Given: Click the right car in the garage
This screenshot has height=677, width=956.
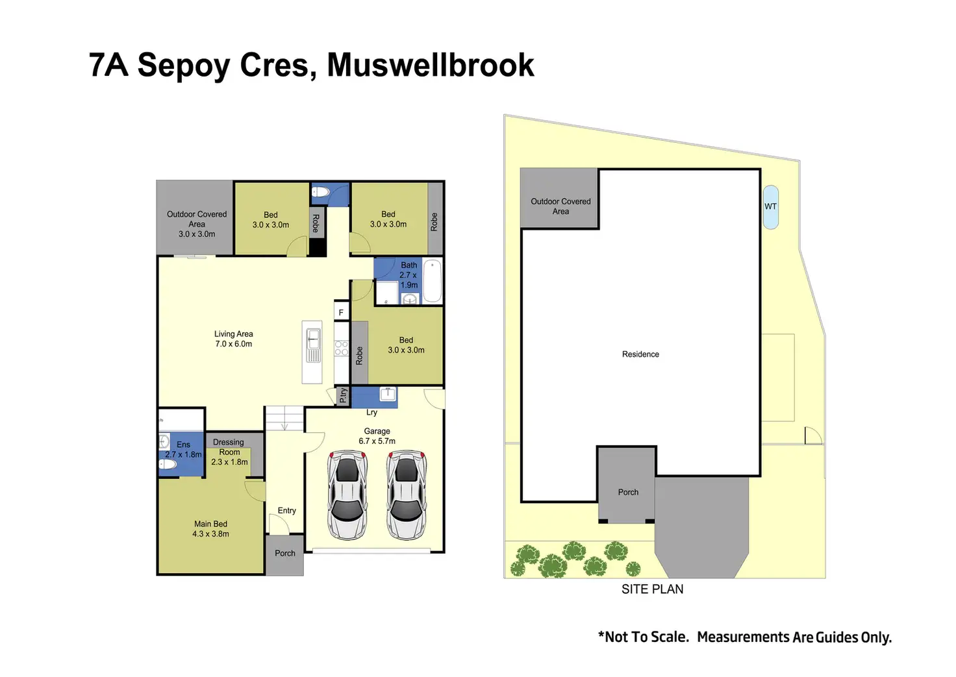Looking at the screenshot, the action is point(407,495).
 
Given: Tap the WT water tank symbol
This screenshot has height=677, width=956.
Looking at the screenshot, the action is point(770,207).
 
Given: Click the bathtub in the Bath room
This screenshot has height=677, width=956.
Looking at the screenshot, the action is point(433,280).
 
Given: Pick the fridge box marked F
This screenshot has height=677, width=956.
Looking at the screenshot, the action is point(341,312).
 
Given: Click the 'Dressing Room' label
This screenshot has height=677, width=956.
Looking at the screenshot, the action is point(229,447).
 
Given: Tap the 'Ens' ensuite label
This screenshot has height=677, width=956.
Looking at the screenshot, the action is point(183,445).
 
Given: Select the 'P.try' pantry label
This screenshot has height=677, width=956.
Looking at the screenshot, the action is point(343,395).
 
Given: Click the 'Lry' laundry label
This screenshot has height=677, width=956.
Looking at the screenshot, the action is point(371,412).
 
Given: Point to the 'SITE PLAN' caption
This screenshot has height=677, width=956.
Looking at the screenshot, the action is point(652,589).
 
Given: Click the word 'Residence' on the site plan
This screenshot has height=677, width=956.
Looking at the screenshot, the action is point(640,354).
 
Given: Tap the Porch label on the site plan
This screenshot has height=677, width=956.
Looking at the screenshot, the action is point(628,492).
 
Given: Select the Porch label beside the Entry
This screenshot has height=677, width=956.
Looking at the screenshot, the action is point(284,553).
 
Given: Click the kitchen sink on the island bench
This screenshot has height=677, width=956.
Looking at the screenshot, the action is point(313,338).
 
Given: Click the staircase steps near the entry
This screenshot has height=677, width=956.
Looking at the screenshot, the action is point(284,417).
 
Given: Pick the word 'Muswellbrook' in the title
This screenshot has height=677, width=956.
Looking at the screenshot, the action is point(430,65).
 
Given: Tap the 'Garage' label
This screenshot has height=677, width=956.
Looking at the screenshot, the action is point(377,431).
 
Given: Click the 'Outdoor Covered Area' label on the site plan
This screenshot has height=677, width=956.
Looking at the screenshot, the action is point(560,206).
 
